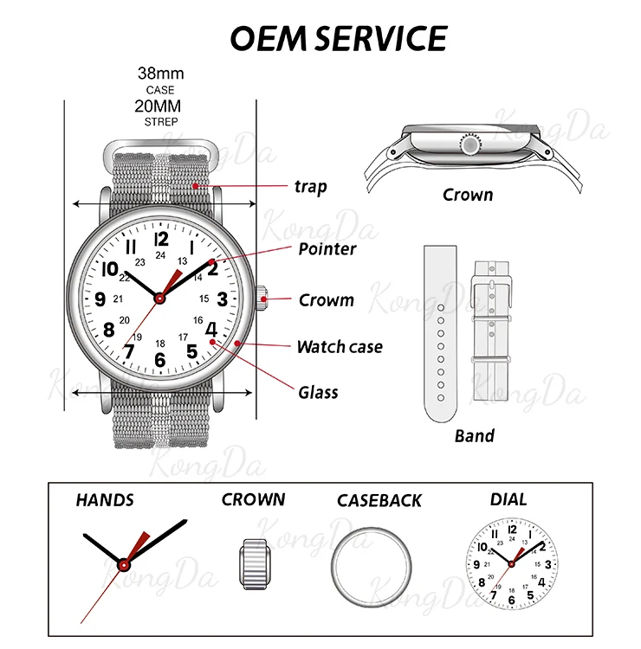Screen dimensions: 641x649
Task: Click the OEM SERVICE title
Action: pyautogui.click(x=339, y=38)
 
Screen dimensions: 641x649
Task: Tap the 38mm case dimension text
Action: pyautogui.click(x=160, y=74)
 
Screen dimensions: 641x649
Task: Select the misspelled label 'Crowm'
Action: pyautogui.click(x=326, y=300)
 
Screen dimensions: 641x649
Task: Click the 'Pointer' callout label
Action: pyautogui.click(x=327, y=249)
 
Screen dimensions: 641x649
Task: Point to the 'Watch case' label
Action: pyautogui.click(x=340, y=347)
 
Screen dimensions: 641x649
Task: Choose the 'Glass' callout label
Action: pyautogui.click(x=318, y=392)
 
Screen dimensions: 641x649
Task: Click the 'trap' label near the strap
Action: pyautogui.click(x=310, y=186)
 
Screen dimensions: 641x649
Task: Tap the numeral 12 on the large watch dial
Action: pyautogui.click(x=160, y=239)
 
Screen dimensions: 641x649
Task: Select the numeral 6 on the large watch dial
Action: pyautogui.click(x=159, y=358)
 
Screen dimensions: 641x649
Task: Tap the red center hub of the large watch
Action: pyautogui.click(x=160, y=299)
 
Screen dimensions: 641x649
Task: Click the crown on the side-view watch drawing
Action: pyautogui.click(x=470, y=144)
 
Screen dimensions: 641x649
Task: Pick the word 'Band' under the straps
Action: pyautogui.click(x=475, y=434)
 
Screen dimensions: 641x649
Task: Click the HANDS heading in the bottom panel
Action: pyautogui.click(x=105, y=500)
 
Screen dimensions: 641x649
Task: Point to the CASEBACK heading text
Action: pyautogui.click(x=379, y=500)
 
